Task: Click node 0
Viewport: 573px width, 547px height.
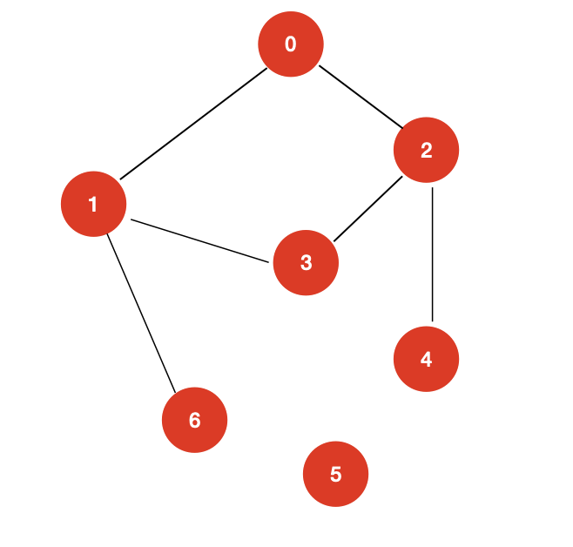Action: [291, 44]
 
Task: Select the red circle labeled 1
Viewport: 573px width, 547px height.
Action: [93, 205]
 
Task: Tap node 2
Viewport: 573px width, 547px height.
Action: [426, 151]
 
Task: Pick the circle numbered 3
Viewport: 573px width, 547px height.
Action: [306, 263]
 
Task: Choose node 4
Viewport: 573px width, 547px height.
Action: [426, 360]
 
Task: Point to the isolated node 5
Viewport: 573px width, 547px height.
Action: [335, 475]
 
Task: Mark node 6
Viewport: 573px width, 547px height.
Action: [194, 421]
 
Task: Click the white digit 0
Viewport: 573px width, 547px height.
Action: [291, 44]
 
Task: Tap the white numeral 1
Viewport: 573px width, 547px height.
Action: [93, 205]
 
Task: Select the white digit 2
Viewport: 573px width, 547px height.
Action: [426, 151]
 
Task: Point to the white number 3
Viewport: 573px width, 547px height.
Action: [306, 263]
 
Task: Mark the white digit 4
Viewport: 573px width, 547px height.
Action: [426, 360]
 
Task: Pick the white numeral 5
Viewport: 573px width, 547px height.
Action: [335, 475]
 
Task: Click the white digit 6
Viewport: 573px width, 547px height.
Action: [194, 421]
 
